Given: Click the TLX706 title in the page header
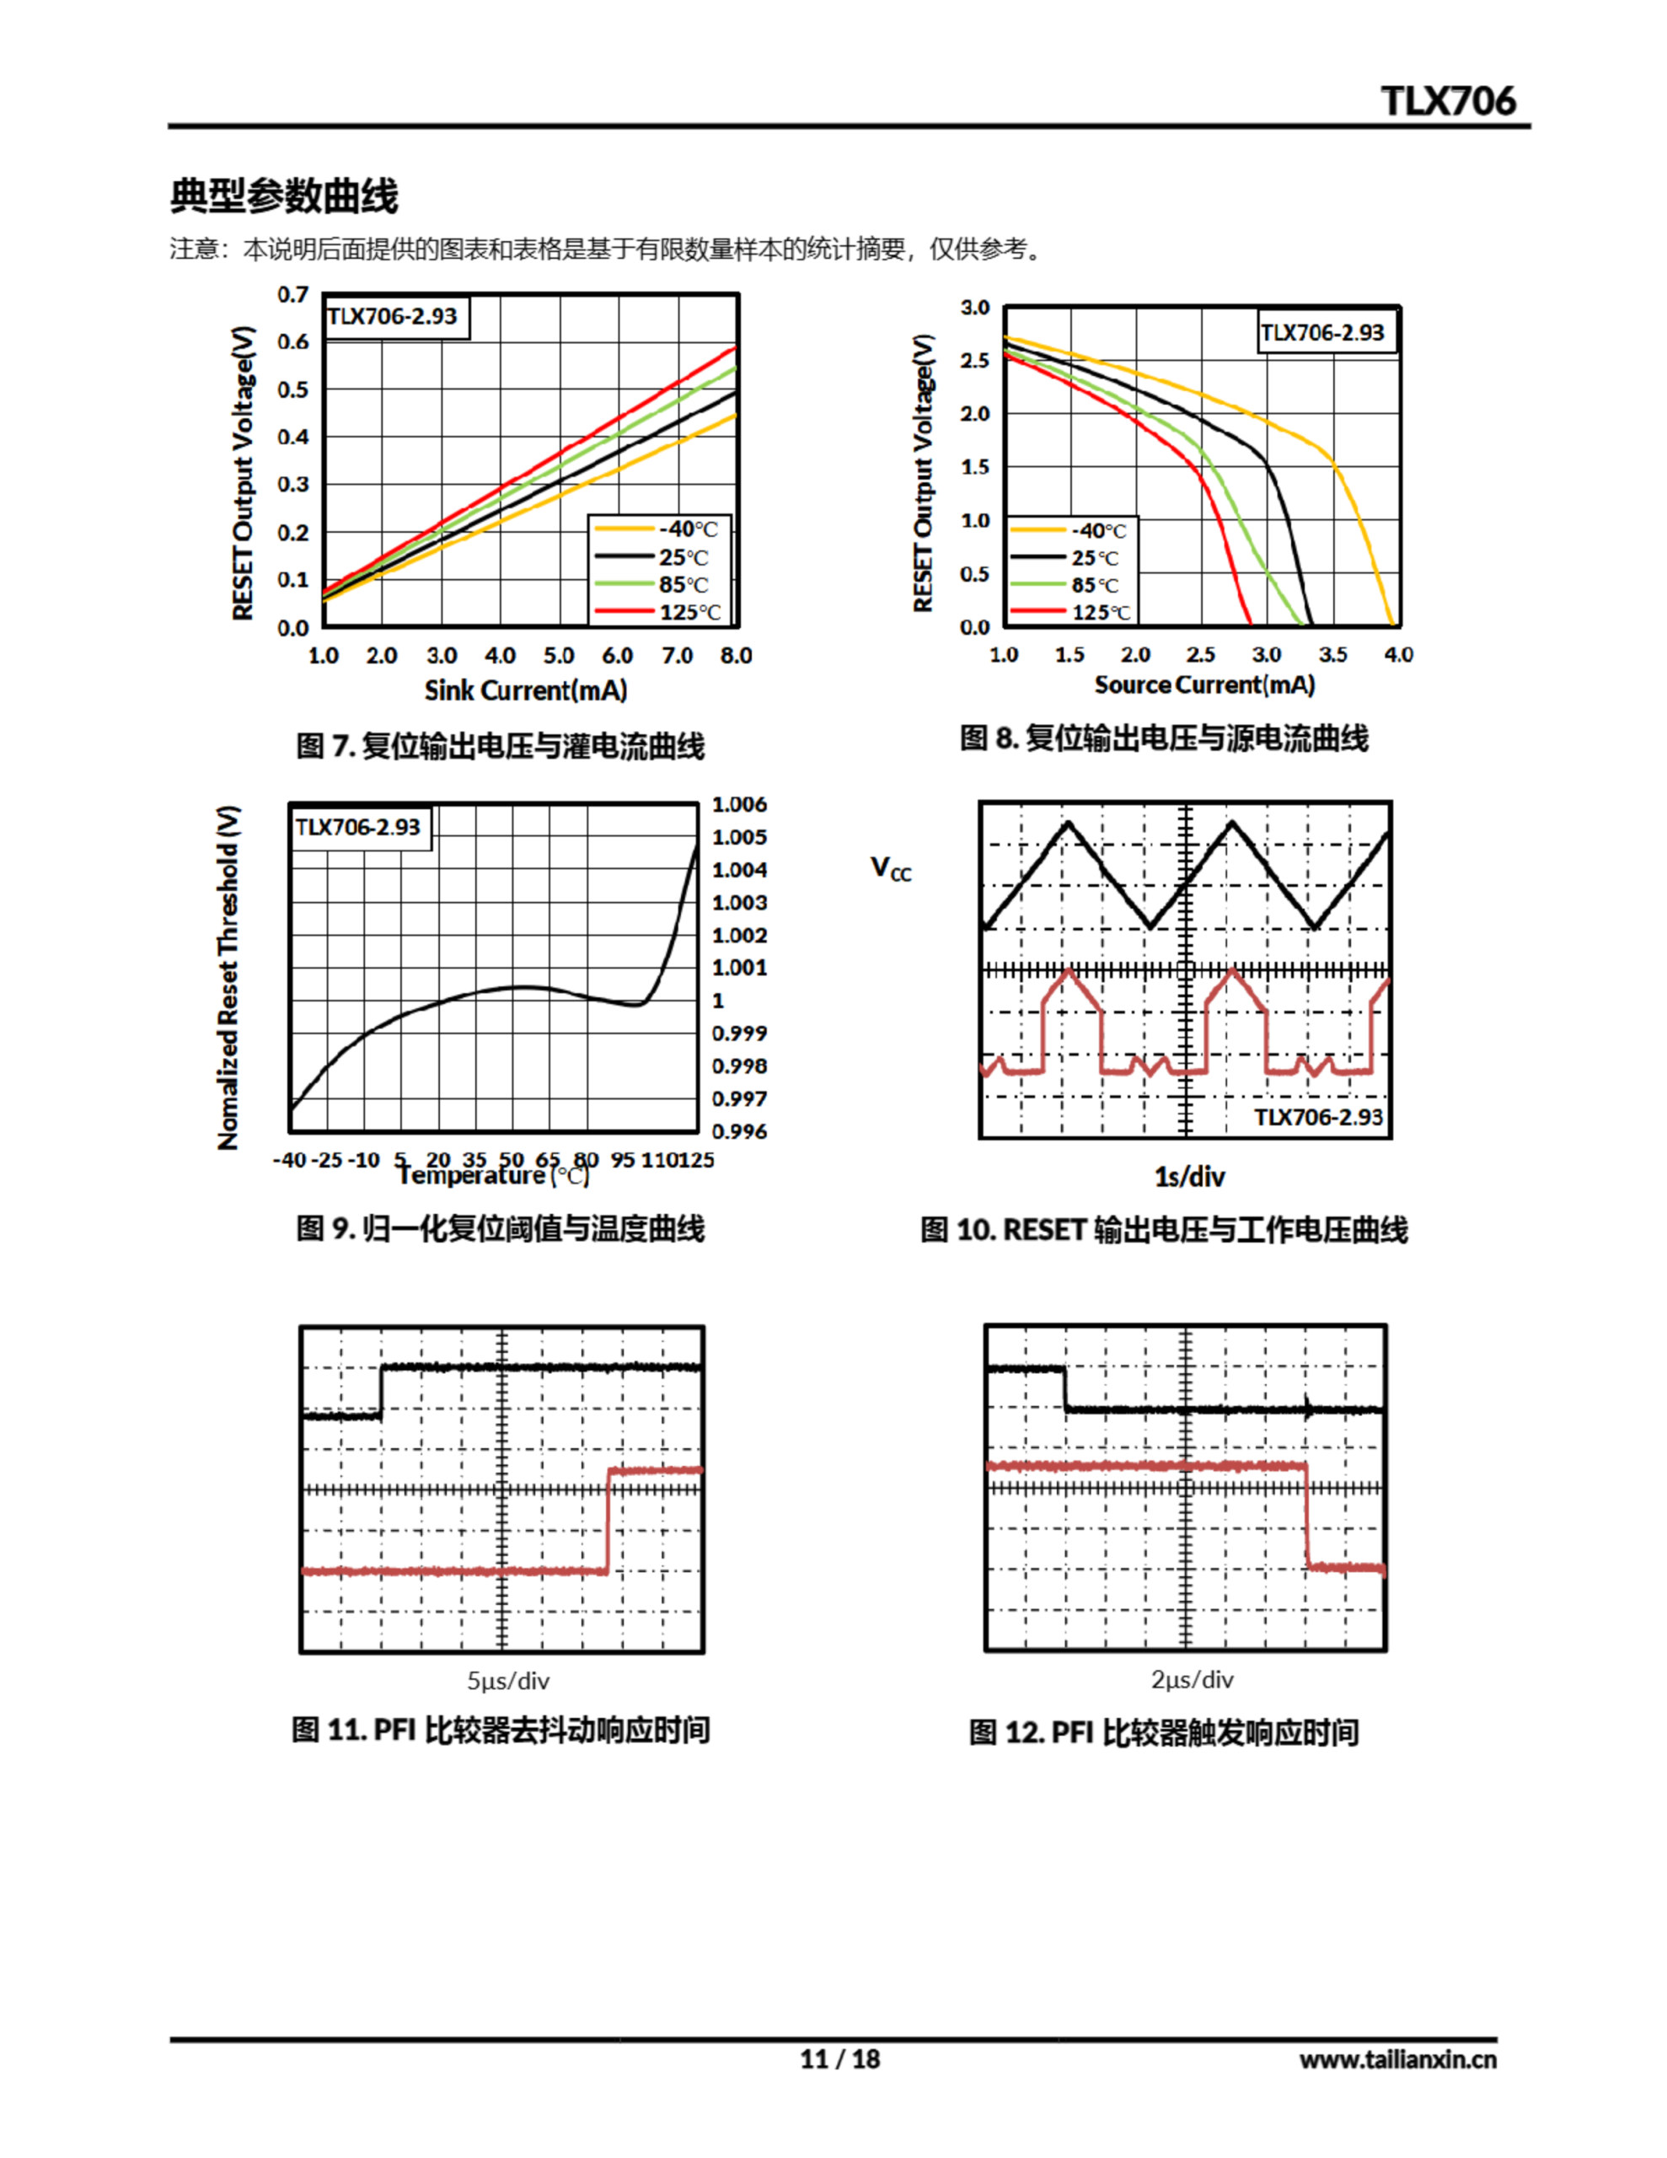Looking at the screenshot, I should (1448, 101).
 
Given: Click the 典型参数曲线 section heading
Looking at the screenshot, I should (284, 196).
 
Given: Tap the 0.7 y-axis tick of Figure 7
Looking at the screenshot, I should (292, 294).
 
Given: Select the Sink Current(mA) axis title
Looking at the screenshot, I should (526, 690).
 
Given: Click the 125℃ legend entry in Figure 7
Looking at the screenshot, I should (689, 612).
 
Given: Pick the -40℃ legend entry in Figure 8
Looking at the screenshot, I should (1098, 530).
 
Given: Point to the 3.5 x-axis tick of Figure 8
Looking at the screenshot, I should (1332, 654).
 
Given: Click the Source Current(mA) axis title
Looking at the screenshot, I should (1203, 684).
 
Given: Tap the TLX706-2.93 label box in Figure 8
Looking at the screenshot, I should (1322, 332).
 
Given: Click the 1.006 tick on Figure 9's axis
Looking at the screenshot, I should (739, 804).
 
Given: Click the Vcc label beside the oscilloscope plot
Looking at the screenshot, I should (890, 868).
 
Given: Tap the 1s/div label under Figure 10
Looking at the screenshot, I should (1190, 1177).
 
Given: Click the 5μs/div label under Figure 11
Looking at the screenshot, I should (508, 1681).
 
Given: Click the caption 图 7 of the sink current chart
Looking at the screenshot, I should (500, 745).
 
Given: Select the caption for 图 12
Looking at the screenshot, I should (1163, 1732).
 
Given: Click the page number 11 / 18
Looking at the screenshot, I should (839, 2059).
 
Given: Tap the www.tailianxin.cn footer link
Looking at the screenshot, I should (1397, 2059).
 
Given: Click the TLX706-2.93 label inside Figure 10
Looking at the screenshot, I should (1318, 1117).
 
